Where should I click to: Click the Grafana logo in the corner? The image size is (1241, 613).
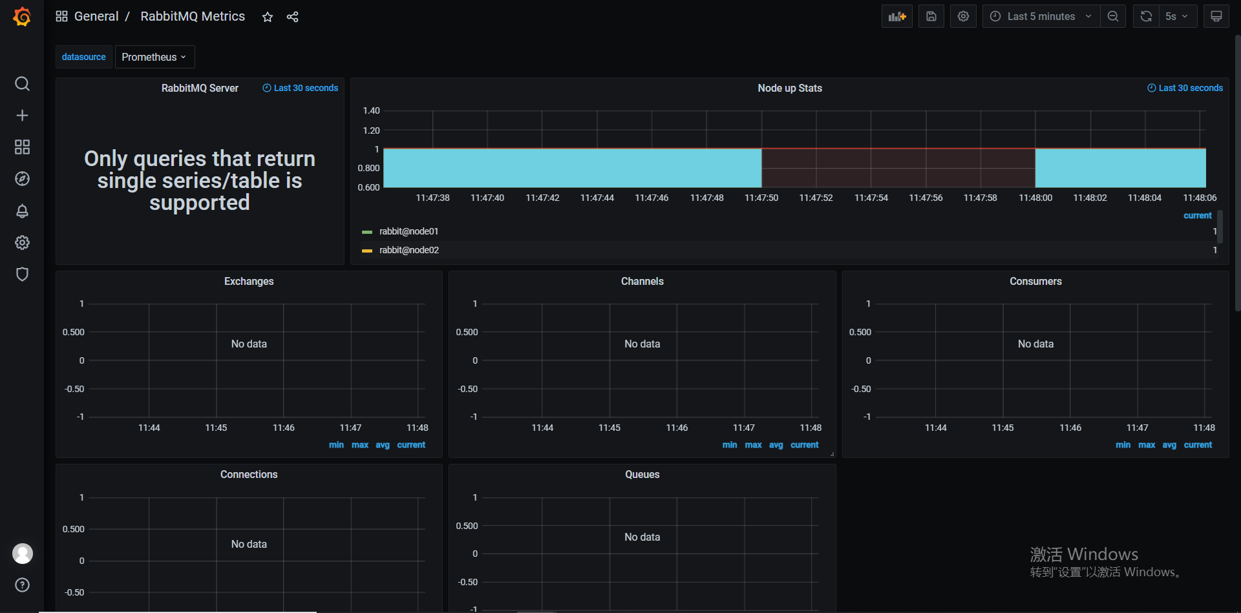click(x=22, y=17)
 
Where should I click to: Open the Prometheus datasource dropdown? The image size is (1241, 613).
click(x=154, y=57)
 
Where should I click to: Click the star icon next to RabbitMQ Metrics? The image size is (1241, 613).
click(x=268, y=17)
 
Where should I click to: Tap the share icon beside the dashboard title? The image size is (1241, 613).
click(x=293, y=17)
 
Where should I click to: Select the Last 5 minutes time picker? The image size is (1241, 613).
click(x=1041, y=17)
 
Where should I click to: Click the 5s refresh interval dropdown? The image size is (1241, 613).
click(x=1177, y=17)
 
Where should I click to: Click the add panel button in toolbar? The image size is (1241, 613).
click(x=896, y=17)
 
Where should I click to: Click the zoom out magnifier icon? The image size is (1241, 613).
click(x=1113, y=17)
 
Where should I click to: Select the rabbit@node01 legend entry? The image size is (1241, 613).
click(x=408, y=231)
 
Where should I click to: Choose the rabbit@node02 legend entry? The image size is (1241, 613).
click(x=408, y=250)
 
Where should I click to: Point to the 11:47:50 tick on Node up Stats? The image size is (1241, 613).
click(x=761, y=198)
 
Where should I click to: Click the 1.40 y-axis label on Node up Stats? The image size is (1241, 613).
click(x=371, y=110)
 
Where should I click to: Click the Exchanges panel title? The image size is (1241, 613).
click(x=249, y=281)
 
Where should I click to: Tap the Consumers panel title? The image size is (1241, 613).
click(x=1035, y=281)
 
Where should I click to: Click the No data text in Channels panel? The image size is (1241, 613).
click(x=642, y=344)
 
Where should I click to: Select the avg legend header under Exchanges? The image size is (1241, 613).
click(x=383, y=445)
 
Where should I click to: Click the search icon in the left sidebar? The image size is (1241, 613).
click(x=22, y=84)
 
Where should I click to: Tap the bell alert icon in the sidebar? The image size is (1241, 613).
click(x=22, y=211)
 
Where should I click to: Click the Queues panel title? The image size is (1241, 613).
click(x=642, y=474)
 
